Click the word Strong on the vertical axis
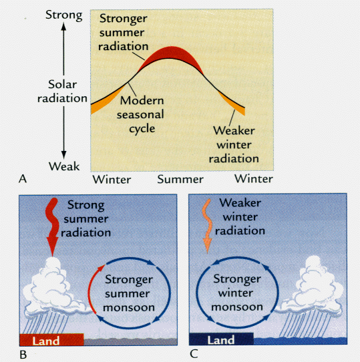[x=64, y=15]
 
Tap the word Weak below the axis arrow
[x=64, y=166]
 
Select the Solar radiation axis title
[x=62, y=92]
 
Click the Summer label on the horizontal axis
[x=180, y=180]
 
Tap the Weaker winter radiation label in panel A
[x=234, y=144]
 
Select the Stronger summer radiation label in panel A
[x=124, y=32]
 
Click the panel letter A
[x=23, y=179]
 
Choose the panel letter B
[x=23, y=355]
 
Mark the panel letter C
[x=194, y=354]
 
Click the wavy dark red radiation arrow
[x=52, y=227]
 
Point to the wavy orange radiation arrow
[x=207, y=226]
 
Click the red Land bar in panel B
[x=51, y=339]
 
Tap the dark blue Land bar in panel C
[x=221, y=339]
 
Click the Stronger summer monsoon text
[x=129, y=293]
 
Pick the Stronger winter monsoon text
[x=237, y=293]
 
